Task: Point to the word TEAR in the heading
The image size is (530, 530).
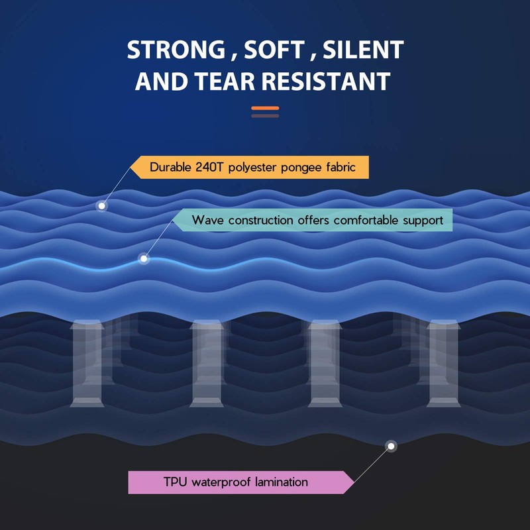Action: (221, 81)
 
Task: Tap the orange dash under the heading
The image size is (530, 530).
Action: (265, 108)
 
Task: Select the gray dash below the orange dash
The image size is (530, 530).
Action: (265, 116)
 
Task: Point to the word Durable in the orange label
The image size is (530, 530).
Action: (170, 168)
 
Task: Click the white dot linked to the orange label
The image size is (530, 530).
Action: (102, 206)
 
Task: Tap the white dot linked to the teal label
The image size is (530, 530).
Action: (144, 259)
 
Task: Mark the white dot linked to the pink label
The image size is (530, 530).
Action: (392, 447)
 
